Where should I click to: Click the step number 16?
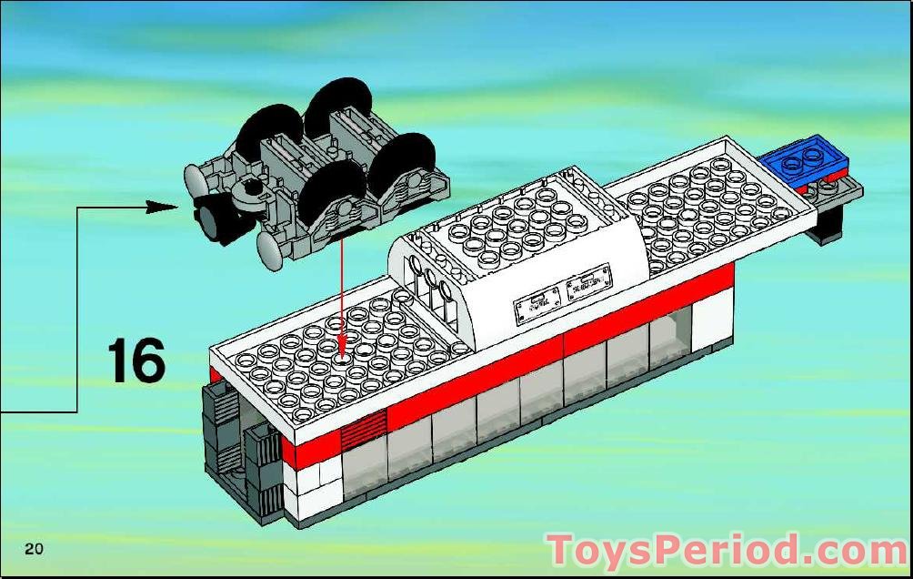(x=136, y=361)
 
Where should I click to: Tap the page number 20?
(x=34, y=549)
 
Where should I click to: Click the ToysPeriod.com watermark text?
(x=727, y=549)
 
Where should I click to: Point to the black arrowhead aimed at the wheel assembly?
(x=161, y=207)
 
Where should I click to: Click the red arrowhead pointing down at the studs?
(x=342, y=337)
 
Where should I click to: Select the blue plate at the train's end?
(x=805, y=157)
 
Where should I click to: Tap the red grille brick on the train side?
(x=364, y=429)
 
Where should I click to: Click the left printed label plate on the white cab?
(x=537, y=304)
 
